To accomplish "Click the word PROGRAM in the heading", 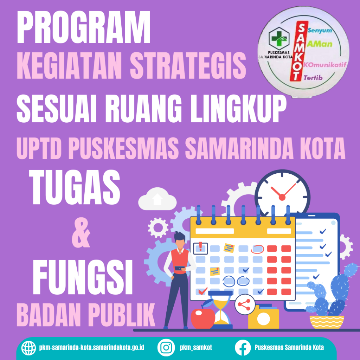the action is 84,27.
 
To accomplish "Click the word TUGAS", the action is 75,187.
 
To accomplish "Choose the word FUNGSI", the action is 83,277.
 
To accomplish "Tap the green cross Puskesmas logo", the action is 279,39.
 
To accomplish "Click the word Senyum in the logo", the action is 320,31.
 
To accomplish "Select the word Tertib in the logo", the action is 313,78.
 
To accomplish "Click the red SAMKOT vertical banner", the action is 298,51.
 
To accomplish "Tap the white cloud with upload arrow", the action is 157,199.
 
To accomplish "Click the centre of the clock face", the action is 282,197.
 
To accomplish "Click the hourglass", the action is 220,309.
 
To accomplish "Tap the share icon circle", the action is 245,305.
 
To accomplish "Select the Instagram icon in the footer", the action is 166,347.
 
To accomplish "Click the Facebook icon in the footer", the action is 243,347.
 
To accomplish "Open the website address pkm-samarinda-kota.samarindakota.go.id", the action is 92,347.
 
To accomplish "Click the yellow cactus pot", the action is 327,322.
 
